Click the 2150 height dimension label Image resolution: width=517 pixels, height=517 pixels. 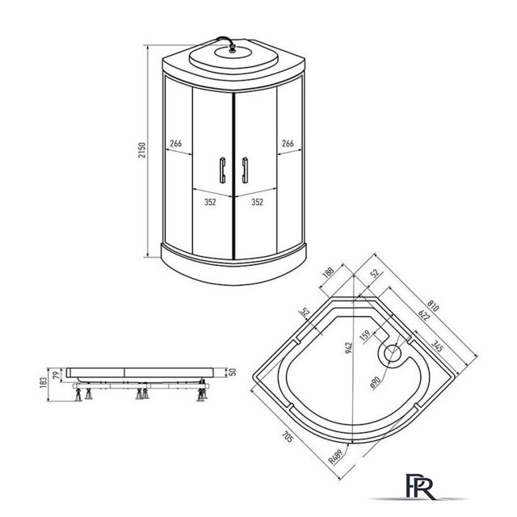point(142,150)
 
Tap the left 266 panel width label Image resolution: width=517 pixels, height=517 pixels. point(176,144)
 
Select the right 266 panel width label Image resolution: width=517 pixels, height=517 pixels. point(288,144)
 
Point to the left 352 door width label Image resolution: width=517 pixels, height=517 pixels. point(210,202)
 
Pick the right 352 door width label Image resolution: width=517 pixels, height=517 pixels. point(258,202)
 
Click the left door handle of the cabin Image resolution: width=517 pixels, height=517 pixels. point(223,170)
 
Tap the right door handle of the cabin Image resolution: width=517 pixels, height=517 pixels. point(245,170)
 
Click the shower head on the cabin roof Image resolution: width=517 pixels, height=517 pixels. point(233,49)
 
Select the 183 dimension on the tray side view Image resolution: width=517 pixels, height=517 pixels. point(43,382)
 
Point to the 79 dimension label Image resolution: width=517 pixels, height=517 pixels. point(57,375)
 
